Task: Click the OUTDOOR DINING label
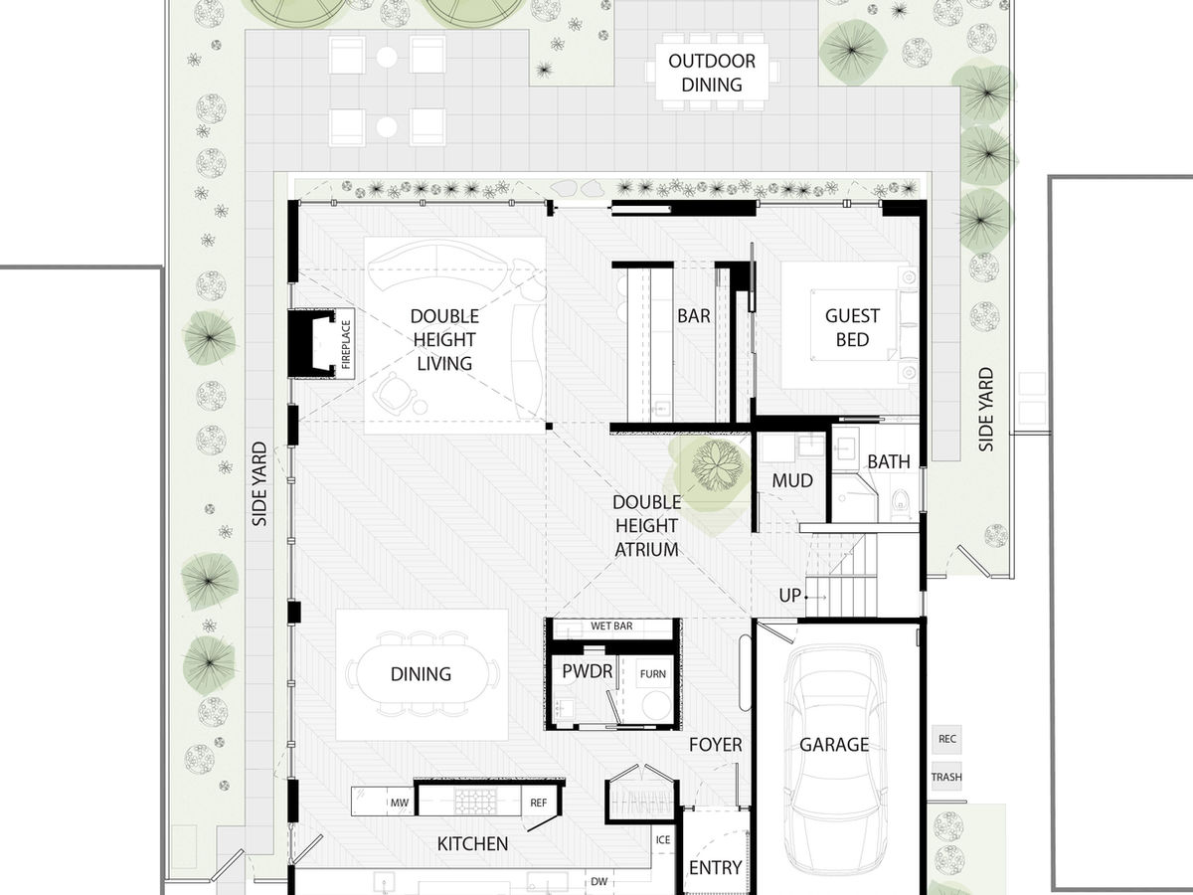click(711, 73)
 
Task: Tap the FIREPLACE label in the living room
click(346, 344)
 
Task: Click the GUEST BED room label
click(852, 327)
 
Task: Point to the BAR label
click(693, 316)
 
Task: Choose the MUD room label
click(792, 481)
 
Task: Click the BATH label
click(888, 461)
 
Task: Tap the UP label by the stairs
click(790, 595)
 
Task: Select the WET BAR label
click(611, 626)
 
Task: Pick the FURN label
click(653, 674)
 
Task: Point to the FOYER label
click(716, 744)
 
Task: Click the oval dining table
click(421, 674)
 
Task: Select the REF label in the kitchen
click(538, 802)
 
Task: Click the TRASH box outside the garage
click(946, 777)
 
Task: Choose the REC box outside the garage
click(946, 739)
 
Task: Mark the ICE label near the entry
click(663, 840)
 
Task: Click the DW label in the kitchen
click(598, 881)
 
